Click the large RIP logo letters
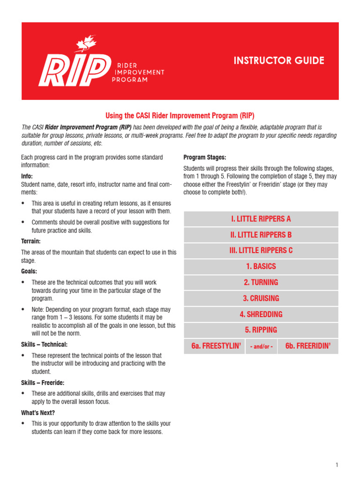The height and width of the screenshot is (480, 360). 72,70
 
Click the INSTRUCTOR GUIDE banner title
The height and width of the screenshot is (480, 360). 279,60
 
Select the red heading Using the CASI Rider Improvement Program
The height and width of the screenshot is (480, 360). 180,115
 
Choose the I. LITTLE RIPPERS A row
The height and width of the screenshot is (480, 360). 261,219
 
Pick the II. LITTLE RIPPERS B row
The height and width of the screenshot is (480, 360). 261,235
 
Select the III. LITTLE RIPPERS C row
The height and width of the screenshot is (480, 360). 261,250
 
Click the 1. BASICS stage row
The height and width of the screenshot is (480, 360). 261,266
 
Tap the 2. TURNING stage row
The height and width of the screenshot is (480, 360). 261,282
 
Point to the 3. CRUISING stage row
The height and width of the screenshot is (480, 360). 261,298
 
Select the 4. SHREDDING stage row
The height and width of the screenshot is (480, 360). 261,314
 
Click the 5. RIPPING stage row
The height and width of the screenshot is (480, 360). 261,330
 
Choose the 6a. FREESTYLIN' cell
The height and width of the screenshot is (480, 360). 216,346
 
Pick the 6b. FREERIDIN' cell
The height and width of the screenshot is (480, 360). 307,346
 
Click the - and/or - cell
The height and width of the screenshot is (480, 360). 261,346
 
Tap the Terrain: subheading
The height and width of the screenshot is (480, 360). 31,241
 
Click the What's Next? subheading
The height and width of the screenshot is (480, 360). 38,412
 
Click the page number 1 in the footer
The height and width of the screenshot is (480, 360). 336,465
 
